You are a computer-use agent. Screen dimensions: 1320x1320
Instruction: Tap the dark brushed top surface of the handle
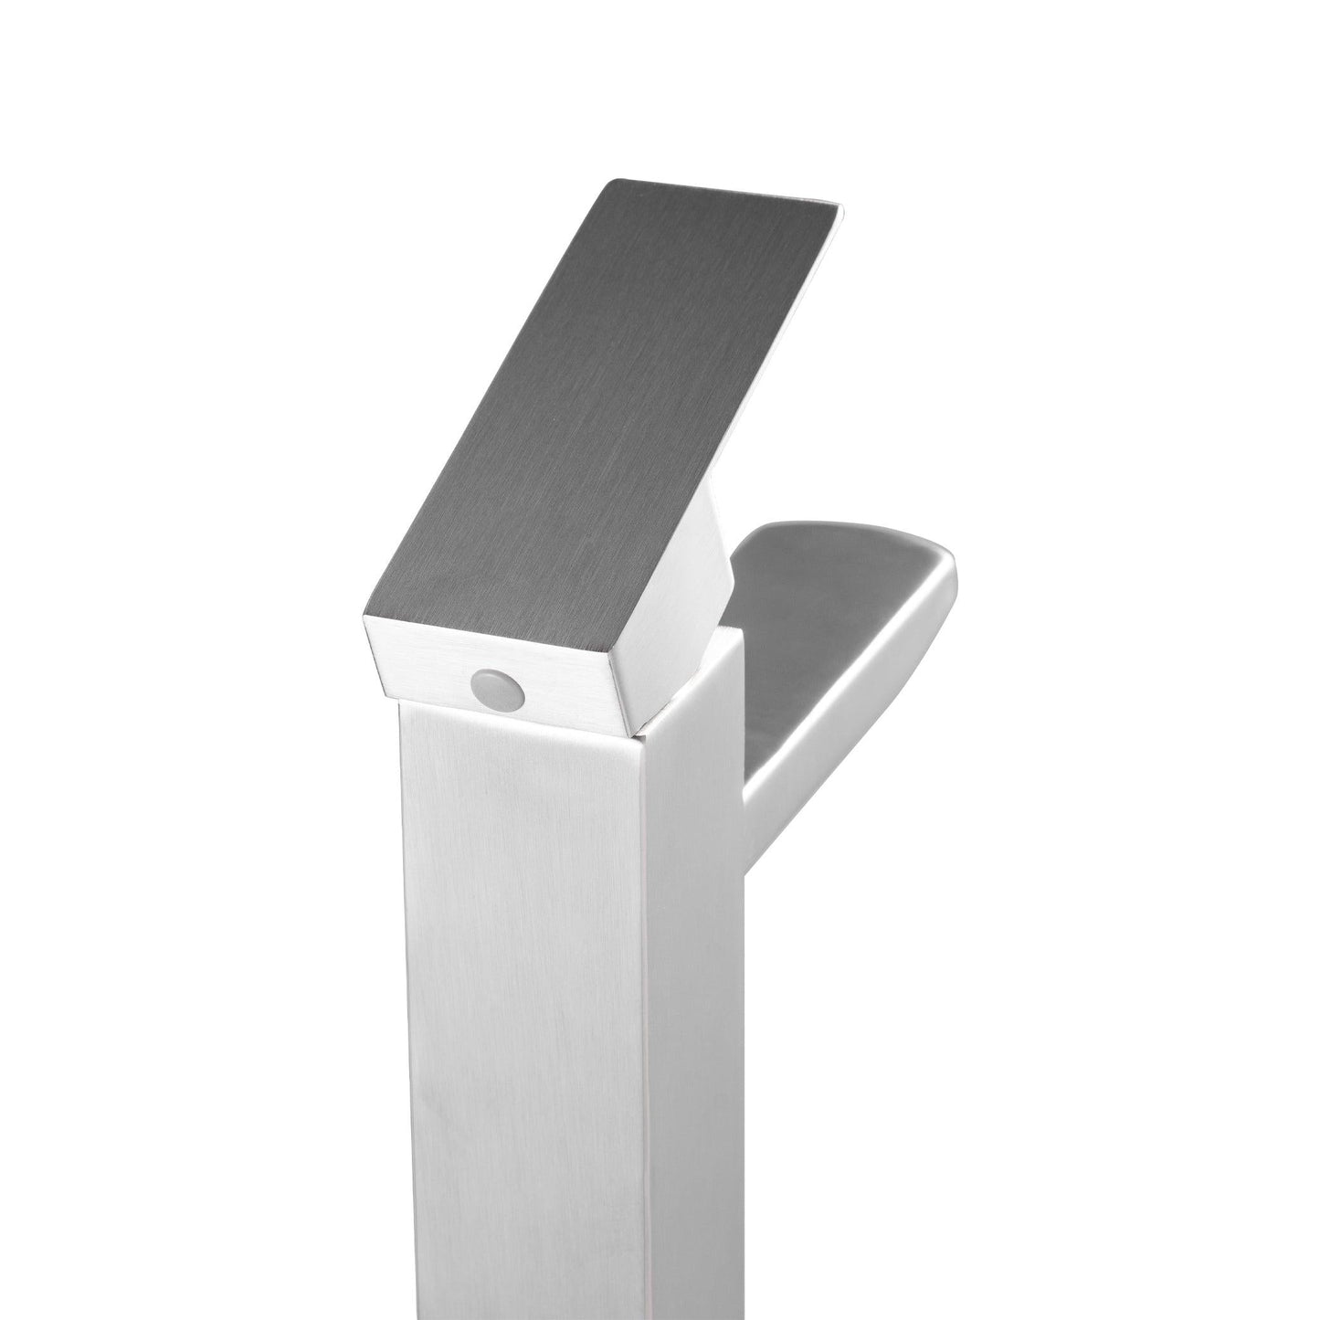click(594, 411)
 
